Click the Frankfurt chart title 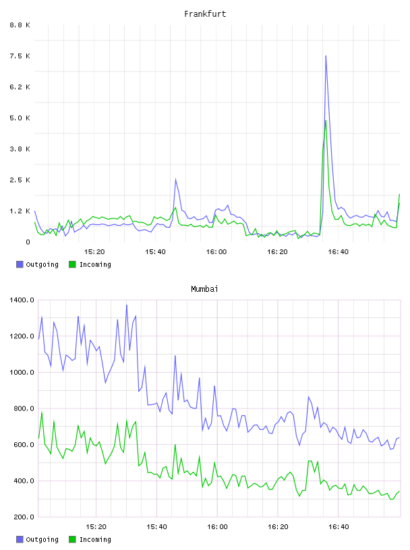tap(205, 13)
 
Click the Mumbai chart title tap(204, 288)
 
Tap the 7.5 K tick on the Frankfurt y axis tap(20, 56)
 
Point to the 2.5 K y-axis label tap(20, 180)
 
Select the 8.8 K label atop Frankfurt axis tap(20, 25)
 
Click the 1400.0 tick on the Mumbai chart tap(22, 300)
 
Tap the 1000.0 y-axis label tap(22, 372)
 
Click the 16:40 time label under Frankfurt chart tap(338, 251)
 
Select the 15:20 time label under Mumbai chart tap(96, 526)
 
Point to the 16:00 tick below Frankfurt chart tap(216, 251)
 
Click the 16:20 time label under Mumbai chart tap(278, 526)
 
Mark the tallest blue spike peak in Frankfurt tap(326, 56)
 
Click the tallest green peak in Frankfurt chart tap(326, 121)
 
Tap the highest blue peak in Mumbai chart tap(127, 305)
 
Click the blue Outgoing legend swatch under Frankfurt tap(20, 264)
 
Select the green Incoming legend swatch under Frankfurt tap(72, 264)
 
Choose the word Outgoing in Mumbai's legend tap(42, 539)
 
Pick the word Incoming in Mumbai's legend tap(95, 539)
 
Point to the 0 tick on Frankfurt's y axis tap(28, 242)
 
